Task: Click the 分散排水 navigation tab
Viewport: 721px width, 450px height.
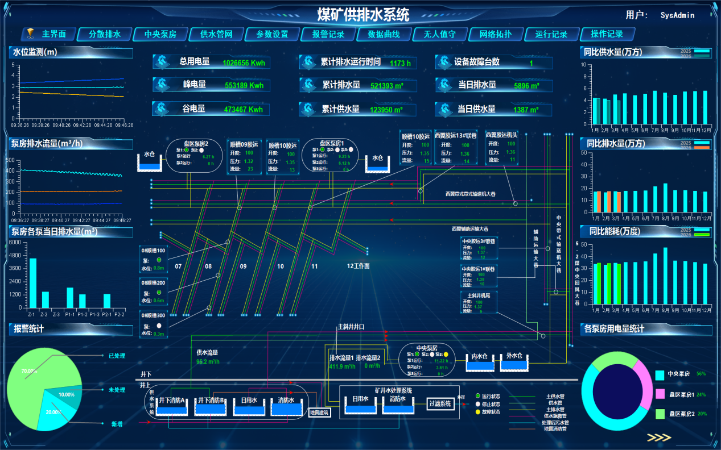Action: [x=105, y=35]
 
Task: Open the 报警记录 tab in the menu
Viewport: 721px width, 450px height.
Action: [x=328, y=35]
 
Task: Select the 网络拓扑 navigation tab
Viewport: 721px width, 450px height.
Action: [x=495, y=35]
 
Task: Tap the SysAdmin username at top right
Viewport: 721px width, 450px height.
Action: [x=677, y=15]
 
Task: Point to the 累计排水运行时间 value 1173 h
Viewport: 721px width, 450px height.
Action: [x=400, y=63]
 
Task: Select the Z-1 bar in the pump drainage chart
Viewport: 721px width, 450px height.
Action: [x=32, y=283]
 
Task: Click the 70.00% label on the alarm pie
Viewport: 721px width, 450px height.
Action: [x=29, y=371]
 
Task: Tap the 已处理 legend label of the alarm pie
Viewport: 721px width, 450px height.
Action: [x=117, y=356]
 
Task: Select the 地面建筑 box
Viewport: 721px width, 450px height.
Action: [x=319, y=413]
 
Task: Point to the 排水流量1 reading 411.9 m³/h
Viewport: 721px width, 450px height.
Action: [x=341, y=366]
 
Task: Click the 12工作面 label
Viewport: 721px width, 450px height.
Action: [x=359, y=266]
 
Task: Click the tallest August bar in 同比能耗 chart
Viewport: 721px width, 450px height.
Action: [x=665, y=277]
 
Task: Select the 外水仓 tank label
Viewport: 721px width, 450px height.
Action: [x=514, y=356]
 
